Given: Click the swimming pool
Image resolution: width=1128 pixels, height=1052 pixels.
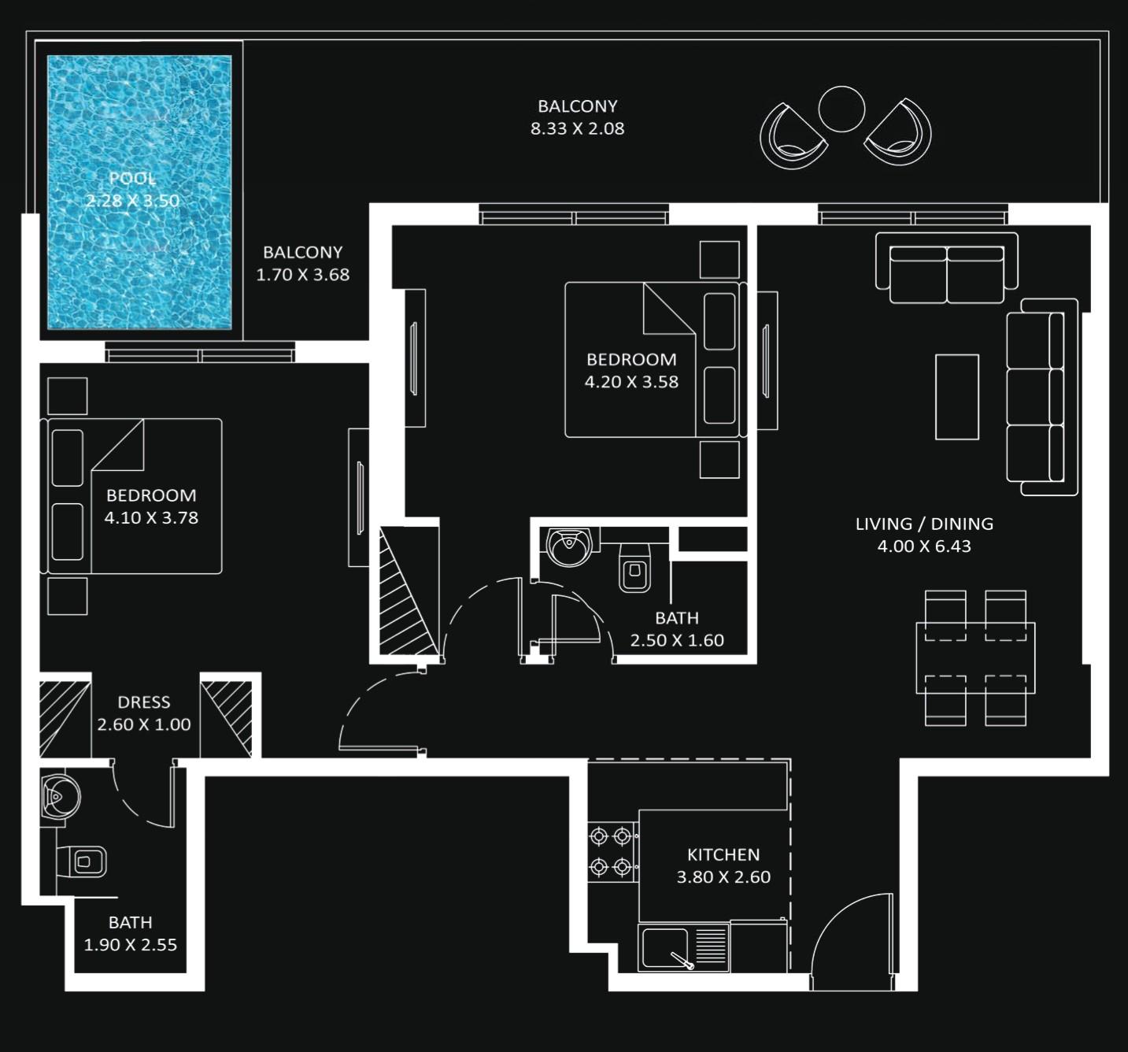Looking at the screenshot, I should click(139, 191).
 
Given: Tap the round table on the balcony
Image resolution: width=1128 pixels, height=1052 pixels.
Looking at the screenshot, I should click(841, 109).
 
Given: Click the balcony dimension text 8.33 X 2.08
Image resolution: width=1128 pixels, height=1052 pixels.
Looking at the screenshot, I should click(577, 128).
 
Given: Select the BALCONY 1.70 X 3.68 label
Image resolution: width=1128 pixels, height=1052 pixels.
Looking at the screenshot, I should click(303, 264).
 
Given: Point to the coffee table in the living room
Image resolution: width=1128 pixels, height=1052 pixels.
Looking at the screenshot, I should click(956, 397).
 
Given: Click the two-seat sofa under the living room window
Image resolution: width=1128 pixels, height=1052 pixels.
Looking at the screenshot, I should click(946, 270).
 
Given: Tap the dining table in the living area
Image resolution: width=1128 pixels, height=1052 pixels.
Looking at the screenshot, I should click(975, 657).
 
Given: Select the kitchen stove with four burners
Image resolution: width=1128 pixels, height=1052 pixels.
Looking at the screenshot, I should click(612, 852).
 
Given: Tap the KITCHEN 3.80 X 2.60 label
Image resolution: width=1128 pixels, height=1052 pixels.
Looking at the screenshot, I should click(723, 865).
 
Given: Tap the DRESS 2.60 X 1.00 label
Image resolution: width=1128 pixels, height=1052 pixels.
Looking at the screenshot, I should click(144, 713).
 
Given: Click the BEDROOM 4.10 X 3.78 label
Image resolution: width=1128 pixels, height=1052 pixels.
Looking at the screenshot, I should click(151, 506).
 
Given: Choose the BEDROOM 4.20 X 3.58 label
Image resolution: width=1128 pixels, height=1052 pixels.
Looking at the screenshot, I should click(631, 371).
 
